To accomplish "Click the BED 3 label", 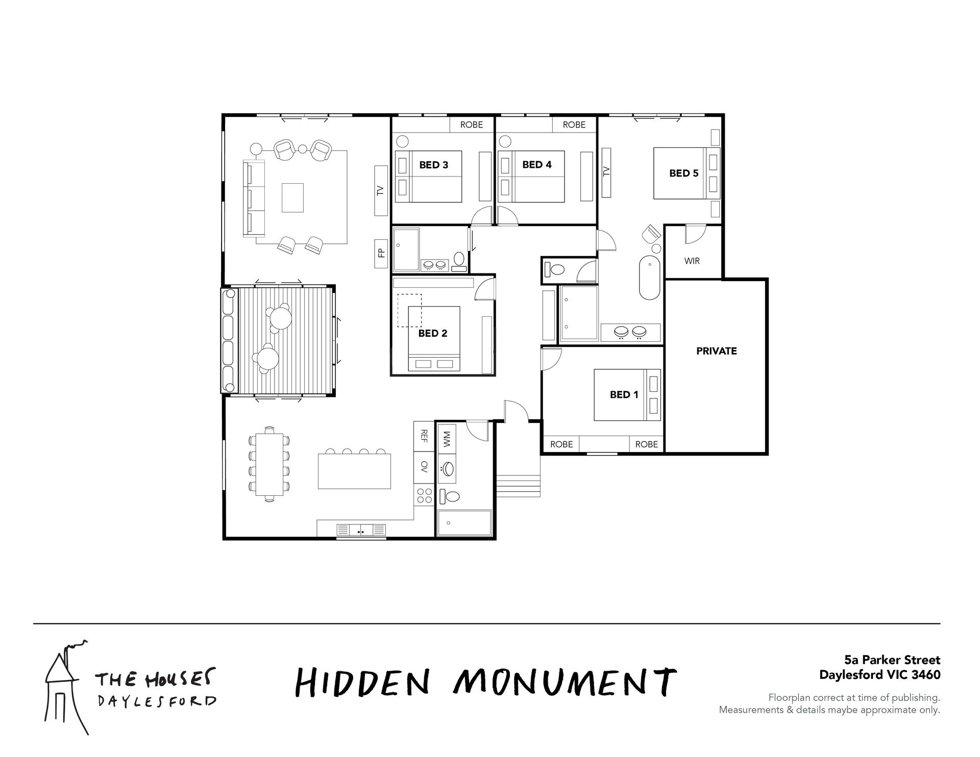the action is tap(433, 165).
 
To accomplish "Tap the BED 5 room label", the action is tap(683, 173).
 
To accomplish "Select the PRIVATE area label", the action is tap(716, 351).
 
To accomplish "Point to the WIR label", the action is tap(692, 261).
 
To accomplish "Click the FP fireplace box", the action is tap(381, 255).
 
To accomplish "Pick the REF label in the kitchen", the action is tap(424, 436).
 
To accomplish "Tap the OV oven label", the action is tap(424, 466).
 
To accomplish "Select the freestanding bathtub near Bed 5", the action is tap(650, 277).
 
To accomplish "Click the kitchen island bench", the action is tap(354, 471).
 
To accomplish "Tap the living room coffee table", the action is tap(292, 197).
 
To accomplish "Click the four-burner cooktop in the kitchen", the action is tap(425, 495).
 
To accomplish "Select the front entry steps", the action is tap(519, 486).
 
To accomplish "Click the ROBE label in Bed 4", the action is tap(574, 124).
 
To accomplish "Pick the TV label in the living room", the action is tap(380, 191).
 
